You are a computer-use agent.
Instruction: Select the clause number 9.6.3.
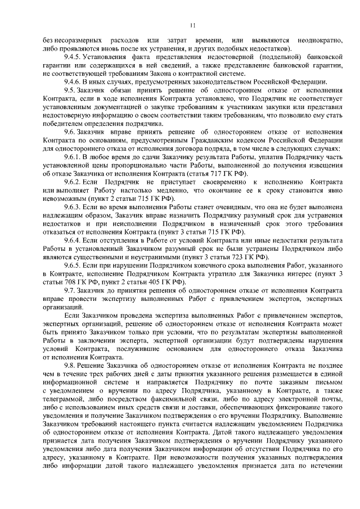click(x=74, y=208)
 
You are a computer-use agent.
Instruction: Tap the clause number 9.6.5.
click(x=74, y=265)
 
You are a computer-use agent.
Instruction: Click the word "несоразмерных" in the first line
click(x=70, y=40)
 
